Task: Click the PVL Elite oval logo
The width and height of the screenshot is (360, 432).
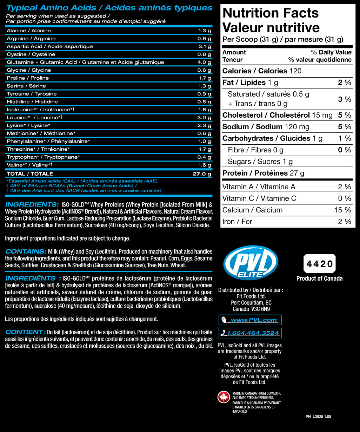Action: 251,263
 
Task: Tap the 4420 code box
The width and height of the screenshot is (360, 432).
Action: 319,264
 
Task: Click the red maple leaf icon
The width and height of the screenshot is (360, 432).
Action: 224,397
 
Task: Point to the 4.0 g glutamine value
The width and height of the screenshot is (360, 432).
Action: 204,62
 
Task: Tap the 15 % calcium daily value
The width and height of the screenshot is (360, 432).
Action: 343,210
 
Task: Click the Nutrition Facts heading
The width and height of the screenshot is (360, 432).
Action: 271,13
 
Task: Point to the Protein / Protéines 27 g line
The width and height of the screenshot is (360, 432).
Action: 263,173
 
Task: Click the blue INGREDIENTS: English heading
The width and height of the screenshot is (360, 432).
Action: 32,205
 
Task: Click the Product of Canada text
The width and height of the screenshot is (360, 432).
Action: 319,279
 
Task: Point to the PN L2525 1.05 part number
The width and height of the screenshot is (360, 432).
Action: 318,417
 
